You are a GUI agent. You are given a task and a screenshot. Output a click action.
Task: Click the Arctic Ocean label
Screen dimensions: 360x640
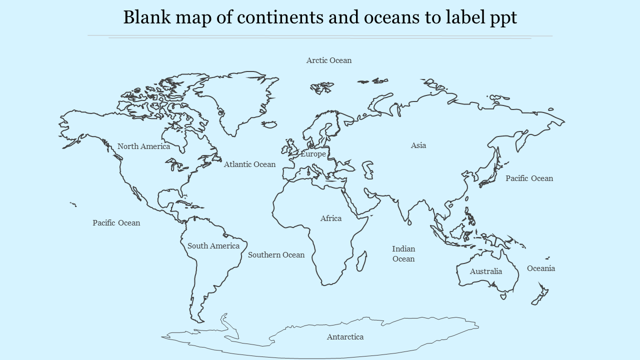coord(328,60)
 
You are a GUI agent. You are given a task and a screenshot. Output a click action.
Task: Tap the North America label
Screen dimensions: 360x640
coord(143,146)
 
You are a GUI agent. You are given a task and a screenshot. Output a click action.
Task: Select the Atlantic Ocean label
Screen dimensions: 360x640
coord(249,164)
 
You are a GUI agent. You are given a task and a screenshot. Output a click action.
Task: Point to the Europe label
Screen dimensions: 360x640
coord(313,154)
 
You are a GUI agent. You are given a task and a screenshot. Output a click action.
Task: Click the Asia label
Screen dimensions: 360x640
coord(418,145)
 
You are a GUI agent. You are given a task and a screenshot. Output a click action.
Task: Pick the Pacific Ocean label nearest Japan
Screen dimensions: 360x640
coord(529,178)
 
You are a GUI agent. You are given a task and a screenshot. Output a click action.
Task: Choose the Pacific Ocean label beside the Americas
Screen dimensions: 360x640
coord(116,223)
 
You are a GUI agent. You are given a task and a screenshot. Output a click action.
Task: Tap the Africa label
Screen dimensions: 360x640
coord(331,218)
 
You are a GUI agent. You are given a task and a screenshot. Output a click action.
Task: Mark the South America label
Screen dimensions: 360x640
coord(213,246)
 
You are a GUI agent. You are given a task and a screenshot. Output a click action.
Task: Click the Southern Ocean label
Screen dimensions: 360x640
coord(276,255)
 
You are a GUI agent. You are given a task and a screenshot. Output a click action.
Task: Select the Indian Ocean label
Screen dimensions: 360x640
coord(403,253)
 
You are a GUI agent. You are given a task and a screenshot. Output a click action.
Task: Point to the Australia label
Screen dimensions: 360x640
coord(485,271)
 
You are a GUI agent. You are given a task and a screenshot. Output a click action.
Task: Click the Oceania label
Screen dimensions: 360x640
coord(541,268)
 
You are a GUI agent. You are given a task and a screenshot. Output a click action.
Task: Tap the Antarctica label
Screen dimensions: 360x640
coord(345,337)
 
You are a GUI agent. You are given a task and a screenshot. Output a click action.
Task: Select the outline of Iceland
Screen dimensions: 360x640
coord(269,124)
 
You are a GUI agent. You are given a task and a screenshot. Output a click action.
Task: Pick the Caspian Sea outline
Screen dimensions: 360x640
coord(367,169)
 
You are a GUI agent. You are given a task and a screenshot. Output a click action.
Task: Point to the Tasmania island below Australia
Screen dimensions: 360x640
coord(503,296)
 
